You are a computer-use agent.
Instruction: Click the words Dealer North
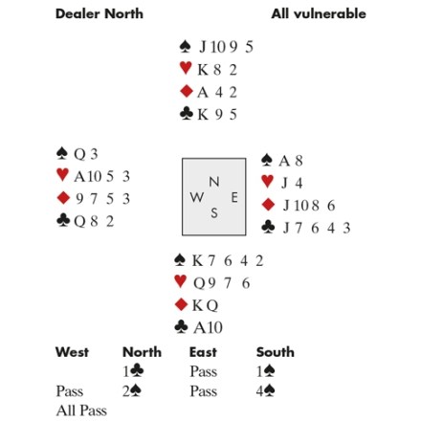point(100,14)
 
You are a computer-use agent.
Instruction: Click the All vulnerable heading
point(319,14)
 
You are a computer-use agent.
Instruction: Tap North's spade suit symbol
point(186,47)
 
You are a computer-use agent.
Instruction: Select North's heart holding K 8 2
point(217,70)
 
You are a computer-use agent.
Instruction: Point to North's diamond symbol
point(187,91)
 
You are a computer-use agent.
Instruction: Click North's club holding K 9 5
point(217,115)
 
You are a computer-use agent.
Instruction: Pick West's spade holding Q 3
point(86,154)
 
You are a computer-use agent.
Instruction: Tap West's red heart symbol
point(62,175)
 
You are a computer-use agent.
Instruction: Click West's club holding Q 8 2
point(94,221)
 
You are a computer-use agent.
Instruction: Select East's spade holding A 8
point(291,161)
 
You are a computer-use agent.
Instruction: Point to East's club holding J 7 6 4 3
point(317,228)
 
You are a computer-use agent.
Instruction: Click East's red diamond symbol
point(268,205)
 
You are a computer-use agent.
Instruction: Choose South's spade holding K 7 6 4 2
point(228,261)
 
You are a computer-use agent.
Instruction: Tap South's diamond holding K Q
point(205,305)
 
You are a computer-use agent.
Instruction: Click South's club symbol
point(181,327)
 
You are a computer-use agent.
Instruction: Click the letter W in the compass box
point(197,197)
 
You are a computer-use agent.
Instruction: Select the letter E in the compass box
point(234,198)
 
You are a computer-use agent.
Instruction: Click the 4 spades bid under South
point(265,391)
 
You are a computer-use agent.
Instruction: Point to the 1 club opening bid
point(133,371)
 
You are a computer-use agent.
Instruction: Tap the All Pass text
point(81,410)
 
